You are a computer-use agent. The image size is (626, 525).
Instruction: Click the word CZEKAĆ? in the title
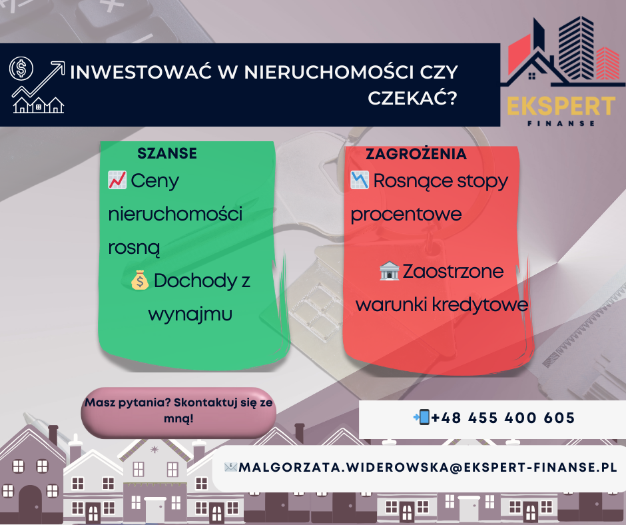point(412,98)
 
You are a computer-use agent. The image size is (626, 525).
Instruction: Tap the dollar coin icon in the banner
point(21,69)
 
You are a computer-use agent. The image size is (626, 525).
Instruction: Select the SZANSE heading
point(167,153)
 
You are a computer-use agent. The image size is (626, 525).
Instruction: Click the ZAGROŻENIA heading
point(416,154)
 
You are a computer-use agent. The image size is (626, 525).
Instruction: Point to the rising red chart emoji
point(117,180)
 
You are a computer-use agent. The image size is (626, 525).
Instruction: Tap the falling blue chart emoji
point(360,180)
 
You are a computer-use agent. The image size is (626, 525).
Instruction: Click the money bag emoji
point(140,280)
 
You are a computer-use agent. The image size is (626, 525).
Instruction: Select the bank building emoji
point(390,271)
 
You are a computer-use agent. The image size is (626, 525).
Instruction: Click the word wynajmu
point(190,314)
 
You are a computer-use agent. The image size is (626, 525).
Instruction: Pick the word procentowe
point(406,215)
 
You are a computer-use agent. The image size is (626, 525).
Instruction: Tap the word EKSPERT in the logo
point(561,107)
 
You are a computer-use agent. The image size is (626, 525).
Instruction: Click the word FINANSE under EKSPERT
point(561,123)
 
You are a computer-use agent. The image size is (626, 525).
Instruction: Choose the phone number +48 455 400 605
point(503,418)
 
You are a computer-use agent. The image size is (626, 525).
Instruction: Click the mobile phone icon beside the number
point(422,417)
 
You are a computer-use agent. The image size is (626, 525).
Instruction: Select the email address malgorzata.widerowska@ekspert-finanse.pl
point(428,468)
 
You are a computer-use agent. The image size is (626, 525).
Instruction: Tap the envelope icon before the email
point(231,467)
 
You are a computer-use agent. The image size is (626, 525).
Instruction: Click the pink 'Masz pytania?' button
point(178,412)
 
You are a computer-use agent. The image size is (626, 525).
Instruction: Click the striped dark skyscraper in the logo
point(576,49)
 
